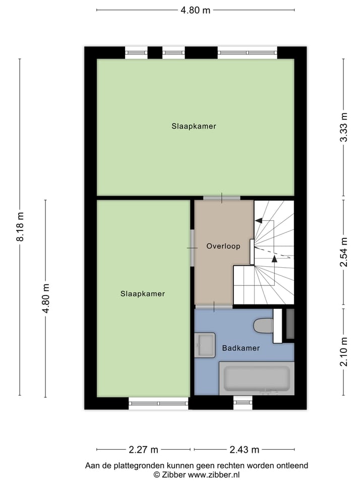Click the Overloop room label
pos(223,247)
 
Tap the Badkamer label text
pos(240,348)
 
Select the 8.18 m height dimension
pos(20,227)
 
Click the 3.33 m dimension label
pos(344,134)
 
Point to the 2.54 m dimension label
pos(344,252)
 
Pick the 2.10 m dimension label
pos(344,351)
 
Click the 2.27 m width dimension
pos(143,449)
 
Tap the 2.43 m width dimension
pos(244,449)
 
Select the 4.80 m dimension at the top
pos(195,10)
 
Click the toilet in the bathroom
pos(264,325)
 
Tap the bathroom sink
pos(205,344)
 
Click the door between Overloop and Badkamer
pos(214,306)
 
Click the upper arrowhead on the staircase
pos(259,220)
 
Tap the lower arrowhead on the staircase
pos(274,259)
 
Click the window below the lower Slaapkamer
pos(158,403)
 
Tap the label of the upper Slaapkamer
pos(194,127)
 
